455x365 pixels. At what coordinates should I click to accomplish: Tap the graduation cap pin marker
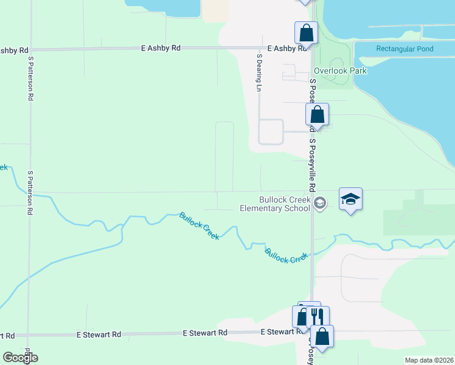(x=351, y=199)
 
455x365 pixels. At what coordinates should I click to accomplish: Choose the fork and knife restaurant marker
(x=317, y=317)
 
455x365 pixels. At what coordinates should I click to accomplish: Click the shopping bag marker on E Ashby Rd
(x=306, y=33)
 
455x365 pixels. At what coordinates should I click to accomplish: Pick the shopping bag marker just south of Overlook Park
(x=317, y=114)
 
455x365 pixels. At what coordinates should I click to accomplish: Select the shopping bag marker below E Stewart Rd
(x=322, y=336)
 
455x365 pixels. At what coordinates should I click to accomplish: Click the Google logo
(x=20, y=358)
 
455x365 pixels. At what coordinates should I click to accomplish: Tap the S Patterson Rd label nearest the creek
(x=29, y=193)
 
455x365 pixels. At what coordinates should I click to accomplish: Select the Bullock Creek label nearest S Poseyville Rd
(x=287, y=255)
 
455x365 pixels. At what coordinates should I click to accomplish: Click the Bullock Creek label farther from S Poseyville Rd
(x=199, y=225)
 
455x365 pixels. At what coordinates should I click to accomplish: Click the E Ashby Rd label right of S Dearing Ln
(x=285, y=48)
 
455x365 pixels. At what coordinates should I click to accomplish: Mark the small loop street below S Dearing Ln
(x=271, y=132)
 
